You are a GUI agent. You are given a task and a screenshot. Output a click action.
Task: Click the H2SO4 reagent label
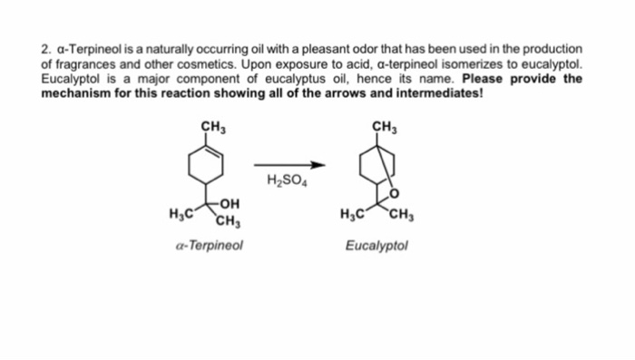pos(288,180)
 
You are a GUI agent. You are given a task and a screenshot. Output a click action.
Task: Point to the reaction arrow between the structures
pos(288,165)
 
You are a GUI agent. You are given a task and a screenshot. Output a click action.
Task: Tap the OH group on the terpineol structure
pos(230,205)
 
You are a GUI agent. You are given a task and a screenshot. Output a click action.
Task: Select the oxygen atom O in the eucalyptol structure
pos(395,193)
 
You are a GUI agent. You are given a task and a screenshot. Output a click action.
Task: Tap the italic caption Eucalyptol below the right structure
pos(377,245)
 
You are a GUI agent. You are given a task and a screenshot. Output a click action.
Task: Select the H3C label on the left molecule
pos(181,214)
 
